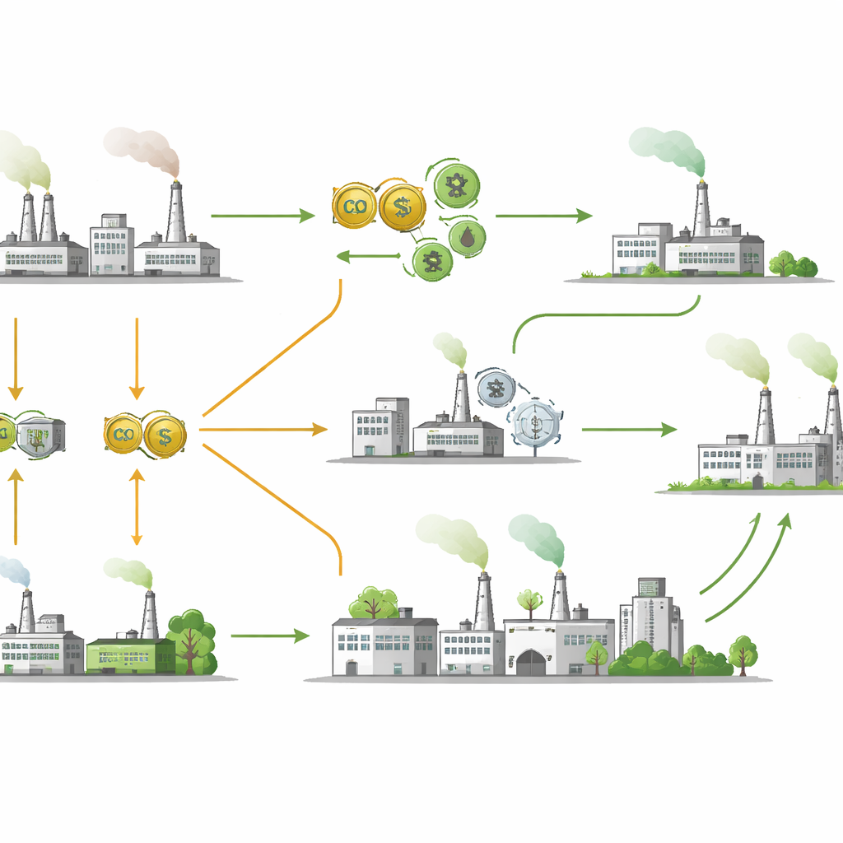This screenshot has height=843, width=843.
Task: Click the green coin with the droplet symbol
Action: click(x=467, y=238)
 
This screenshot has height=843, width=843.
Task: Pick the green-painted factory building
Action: click(x=130, y=654)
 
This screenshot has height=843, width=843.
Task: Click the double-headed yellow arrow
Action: click(x=137, y=507)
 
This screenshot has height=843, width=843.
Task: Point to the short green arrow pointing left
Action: click(x=368, y=257)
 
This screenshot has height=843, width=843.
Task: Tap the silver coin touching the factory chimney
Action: click(x=496, y=388)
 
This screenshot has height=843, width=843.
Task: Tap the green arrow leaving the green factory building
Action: click(x=269, y=636)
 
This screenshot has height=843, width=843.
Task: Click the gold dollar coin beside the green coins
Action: click(x=402, y=207)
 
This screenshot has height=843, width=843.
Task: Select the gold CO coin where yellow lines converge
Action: click(x=125, y=435)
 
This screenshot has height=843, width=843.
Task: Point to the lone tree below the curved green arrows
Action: click(x=743, y=652)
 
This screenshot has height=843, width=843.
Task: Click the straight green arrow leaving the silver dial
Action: click(x=628, y=429)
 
